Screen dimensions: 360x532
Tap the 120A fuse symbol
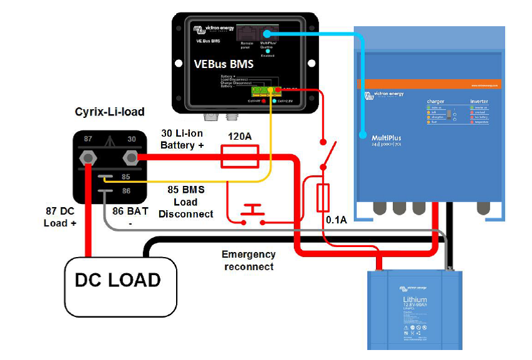point(240,157)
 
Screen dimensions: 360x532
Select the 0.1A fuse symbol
point(323,198)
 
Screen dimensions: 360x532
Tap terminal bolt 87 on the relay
point(88,157)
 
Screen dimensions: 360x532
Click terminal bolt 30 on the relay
point(131,157)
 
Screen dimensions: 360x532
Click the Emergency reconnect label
point(248,260)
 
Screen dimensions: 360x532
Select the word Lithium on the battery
point(415,301)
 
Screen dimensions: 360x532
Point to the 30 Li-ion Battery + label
point(182,139)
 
